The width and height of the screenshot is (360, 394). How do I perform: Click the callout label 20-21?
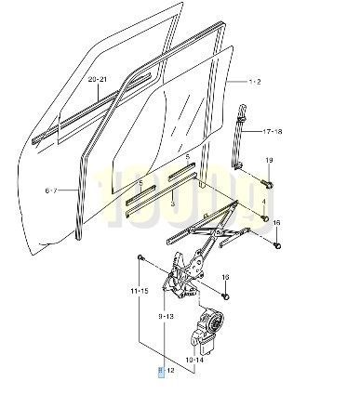98,80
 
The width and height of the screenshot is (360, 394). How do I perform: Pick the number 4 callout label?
264,201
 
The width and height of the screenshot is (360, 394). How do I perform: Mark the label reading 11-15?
140,291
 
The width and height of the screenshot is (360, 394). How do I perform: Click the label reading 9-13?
167,317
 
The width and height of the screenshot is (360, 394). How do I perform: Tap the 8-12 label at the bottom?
166,371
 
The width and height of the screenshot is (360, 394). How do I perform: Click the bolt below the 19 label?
266,180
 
